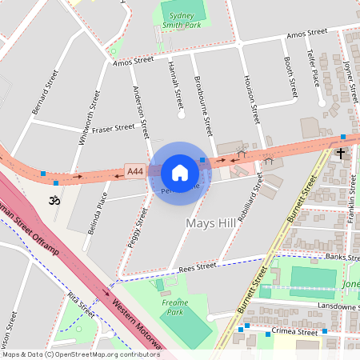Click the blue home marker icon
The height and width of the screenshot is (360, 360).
180,172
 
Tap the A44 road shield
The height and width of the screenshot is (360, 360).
135,171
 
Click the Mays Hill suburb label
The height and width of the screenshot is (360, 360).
210,222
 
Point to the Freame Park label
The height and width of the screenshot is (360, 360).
175,307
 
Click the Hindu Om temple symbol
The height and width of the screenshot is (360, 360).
55,200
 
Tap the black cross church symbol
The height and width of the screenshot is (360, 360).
341,152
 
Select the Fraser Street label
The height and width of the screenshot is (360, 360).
114,128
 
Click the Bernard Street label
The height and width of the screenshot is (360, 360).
46,93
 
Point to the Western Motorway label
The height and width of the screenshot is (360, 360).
132,320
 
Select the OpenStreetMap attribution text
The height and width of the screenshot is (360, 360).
80,354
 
